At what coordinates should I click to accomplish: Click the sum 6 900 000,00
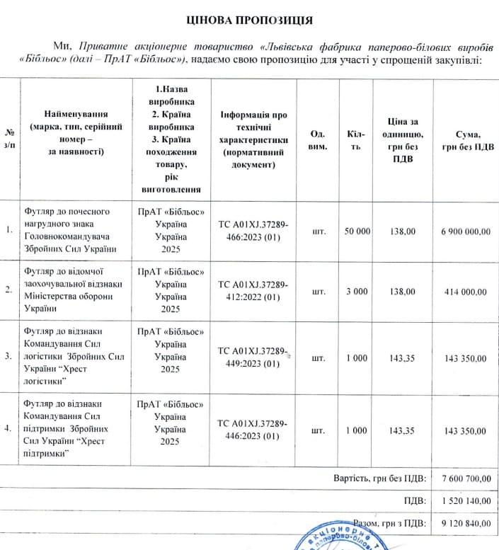pos(463,231)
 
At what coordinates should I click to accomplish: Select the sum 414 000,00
pos(463,292)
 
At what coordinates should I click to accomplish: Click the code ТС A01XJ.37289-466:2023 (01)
pos(253,231)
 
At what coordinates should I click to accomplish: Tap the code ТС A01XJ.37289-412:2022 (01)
pos(253,291)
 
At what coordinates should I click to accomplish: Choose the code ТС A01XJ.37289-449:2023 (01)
pos(253,357)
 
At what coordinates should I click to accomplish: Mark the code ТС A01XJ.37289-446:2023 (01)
pos(253,430)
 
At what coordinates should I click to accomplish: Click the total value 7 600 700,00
pos(465,479)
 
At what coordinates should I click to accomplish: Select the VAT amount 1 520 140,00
pos(465,501)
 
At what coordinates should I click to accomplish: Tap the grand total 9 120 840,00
pos(465,524)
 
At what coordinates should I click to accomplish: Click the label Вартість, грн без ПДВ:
pos(379,479)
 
